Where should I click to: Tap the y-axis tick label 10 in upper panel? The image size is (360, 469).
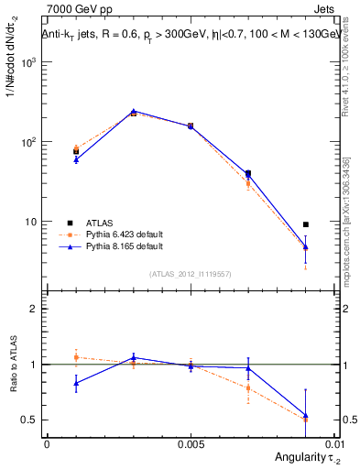point(31,222)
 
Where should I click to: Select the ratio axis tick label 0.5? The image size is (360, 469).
point(30,420)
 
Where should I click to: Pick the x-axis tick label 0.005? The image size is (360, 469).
point(190,443)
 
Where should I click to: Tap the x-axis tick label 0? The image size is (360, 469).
point(47,443)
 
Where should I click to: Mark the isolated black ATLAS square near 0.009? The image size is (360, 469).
point(306,224)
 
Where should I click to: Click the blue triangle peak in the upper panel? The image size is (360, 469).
point(134,111)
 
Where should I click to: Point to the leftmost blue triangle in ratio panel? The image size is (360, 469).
point(76,383)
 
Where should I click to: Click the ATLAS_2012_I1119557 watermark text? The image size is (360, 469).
point(190,274)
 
